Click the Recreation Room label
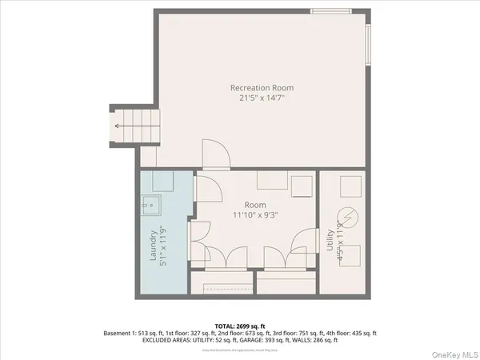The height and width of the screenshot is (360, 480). click(x=262, y=87)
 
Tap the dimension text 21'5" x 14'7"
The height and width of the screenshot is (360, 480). click(x=262, y=98)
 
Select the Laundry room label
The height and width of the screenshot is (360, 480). click(x=154, y=248)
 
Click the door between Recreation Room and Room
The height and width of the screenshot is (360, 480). click(x=214, y=155)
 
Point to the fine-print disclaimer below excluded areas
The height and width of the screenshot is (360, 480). click(x=240, y=349)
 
